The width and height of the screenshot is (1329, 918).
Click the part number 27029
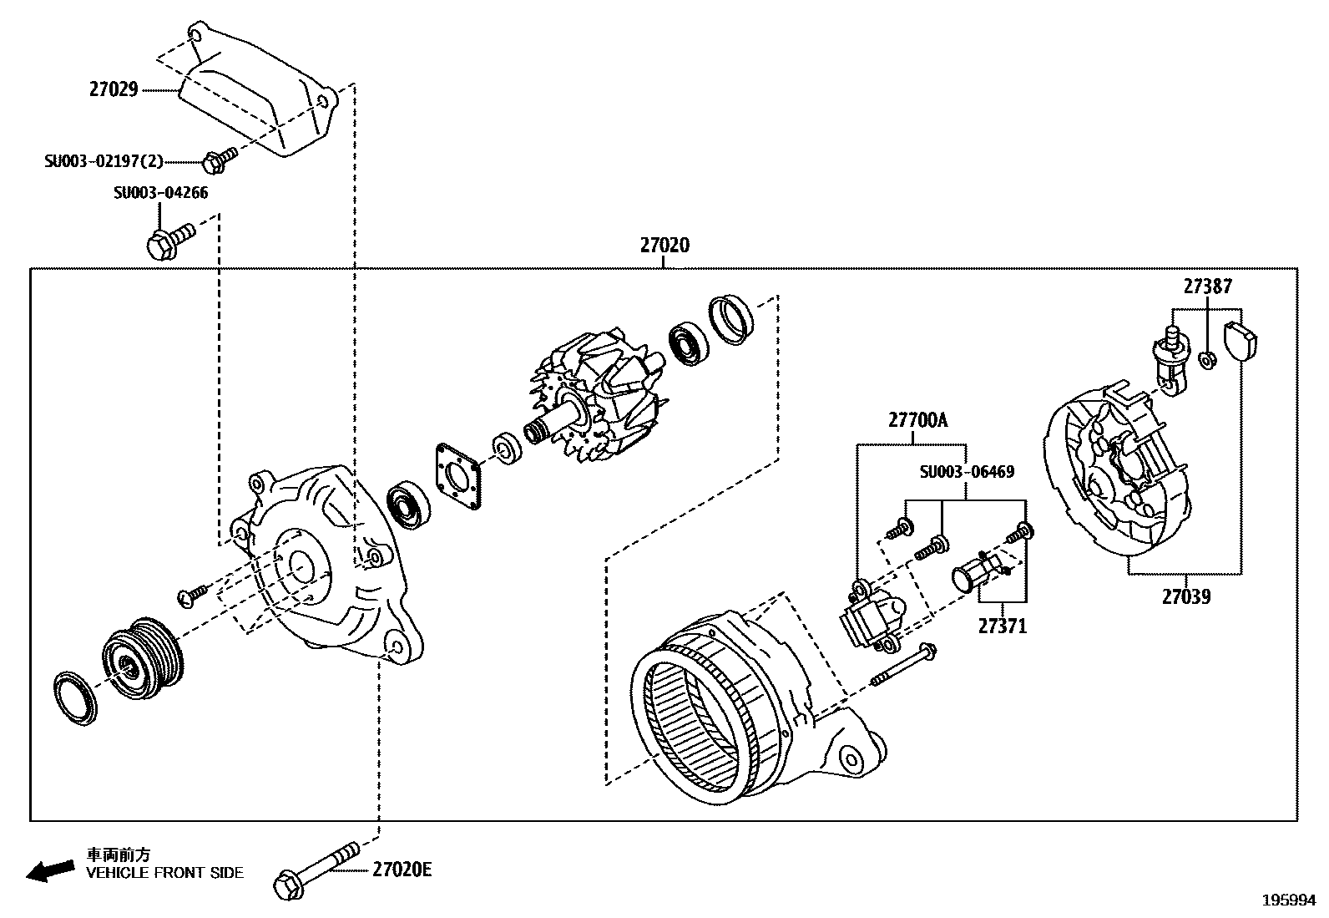click(114, 89)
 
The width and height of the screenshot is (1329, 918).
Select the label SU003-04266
click(161, 193)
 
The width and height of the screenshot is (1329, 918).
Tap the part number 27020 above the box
click(664, 246)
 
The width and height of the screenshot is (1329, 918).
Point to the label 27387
click(1207, 287)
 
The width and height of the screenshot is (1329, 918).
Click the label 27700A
click(917, 420)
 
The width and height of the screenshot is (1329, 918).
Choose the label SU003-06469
click(967, 472)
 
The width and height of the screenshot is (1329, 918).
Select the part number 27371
click(1003, 626)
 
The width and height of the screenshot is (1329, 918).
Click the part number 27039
click(1185, 596)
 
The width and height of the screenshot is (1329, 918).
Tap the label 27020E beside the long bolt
click(402, 870)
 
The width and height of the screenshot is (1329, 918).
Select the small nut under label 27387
click(1207, 360)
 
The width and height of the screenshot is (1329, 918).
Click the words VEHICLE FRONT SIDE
click(165, 873)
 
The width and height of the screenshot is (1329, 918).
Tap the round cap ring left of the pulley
click(74, 693)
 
